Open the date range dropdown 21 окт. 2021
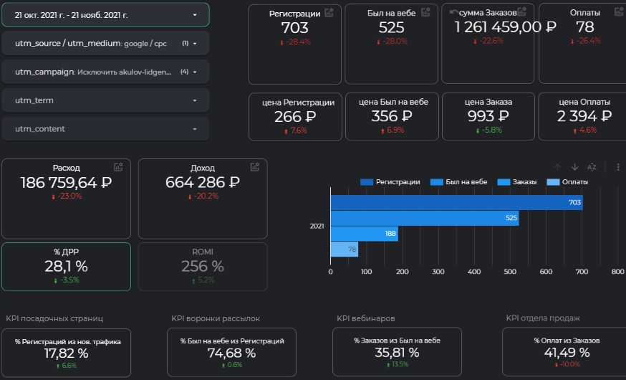(105, 14)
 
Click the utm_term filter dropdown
(105, 100)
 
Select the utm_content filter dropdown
(105, 129)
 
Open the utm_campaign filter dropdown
(105, 72)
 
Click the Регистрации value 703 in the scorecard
(294, 27)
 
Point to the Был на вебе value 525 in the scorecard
(391, 27)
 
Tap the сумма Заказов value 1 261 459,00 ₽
(506, 27)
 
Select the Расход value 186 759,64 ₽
(66, 182)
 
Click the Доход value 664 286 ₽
(202, 182)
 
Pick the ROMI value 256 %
(202, 266)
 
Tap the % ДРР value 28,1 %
(66, 266)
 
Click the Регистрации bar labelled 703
(456, 203)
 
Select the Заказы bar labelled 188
(364, 233)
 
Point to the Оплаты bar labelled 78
(344, 249)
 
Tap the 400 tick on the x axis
(474, 272)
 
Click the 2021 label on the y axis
(316, 226)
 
